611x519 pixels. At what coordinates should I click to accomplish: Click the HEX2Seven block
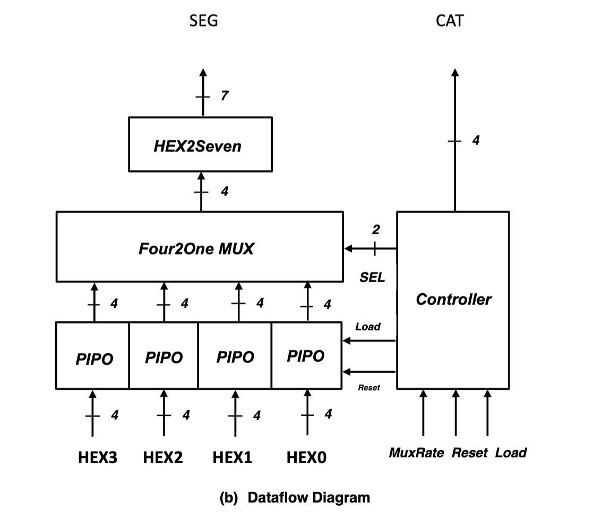pos(200,144)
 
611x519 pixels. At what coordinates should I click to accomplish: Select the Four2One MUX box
pos(199,247)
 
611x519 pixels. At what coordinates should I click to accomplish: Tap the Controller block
pos(453,300)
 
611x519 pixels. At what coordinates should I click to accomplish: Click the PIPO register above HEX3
pos(93,356)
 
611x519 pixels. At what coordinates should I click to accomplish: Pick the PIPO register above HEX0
pos(306,356)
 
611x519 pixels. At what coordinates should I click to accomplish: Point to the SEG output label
pos(203,21)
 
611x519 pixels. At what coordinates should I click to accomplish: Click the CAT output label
pos(449,21)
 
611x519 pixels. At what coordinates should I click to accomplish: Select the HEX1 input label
pos(232,457)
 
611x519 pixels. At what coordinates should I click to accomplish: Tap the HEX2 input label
pos(163,457)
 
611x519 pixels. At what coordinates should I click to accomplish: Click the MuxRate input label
pos(416,453)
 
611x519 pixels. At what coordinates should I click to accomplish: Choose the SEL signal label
pos(372,277)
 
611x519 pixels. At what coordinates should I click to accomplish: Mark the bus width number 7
pos(225,96)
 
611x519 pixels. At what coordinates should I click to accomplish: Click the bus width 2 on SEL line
pos(375,229)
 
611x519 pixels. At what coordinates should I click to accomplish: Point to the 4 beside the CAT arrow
pos(476,141)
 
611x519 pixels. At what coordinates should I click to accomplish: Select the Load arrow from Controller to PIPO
pos(369,341)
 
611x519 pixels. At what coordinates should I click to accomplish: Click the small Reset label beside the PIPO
pos(369,388)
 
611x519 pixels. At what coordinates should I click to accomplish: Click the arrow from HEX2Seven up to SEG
pos(202,93)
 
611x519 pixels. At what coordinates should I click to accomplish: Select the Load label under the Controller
pos(511,453)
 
